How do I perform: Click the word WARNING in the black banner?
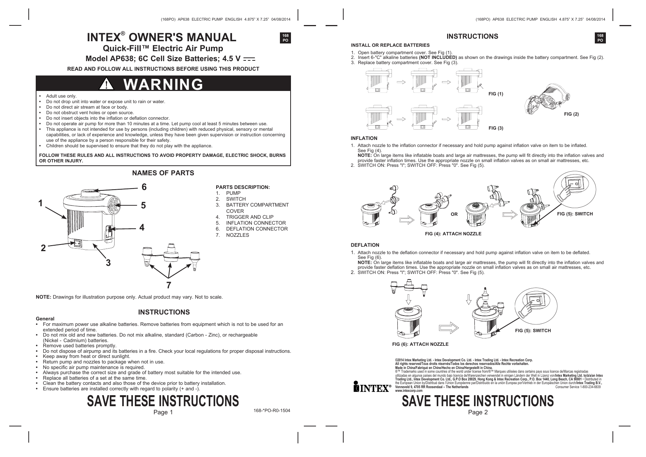pyautogui.click(x=163, y=85)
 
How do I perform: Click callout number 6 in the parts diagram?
pyautogui.click(x=144, y=187)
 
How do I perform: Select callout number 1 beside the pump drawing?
pyautogui.click(x=40, y=203)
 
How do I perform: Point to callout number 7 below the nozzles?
pyautogui.click(x=169, y=285)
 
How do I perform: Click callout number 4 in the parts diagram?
pyautogui.click(x=142, y=228)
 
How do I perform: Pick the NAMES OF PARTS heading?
pyautogui.click(x=163, y=173)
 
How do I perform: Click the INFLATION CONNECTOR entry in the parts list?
pyautogui.click(x=256, y=223)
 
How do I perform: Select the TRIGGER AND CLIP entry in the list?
pyautogui.click(x=250, y=217)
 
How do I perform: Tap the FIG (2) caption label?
pyautogui.click(x=571, y=114)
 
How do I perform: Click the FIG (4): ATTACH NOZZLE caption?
pyautogui.click(x=453, y=234)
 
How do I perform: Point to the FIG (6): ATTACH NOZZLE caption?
pyautogui.click(x=420, y=344)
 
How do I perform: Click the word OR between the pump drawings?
pyautogui.click(x=454, y=214)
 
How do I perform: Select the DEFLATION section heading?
pyautogui.click(x=365, y=245)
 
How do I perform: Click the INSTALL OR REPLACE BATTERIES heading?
pyautogui.click(x=390, y=45)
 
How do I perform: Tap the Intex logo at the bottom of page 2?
pyautogui.click(x=372, y=387)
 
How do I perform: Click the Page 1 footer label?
pyautogui.click(x=163, y=412)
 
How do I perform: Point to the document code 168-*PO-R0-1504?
pyautogui.click(x=272, y=410)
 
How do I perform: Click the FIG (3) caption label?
pyautogui.click(x=496, y=128)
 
